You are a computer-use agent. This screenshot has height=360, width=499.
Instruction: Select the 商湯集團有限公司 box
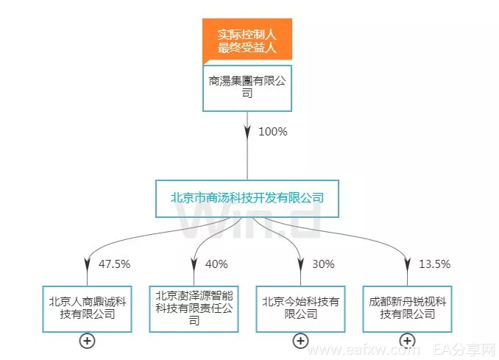click(247, 88)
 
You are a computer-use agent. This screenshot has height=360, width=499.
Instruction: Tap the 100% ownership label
click(273, 132)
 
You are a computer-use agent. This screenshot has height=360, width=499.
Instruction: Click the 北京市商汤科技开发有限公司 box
click(247, 199)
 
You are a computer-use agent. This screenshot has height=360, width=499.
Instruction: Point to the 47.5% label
click(114, 264)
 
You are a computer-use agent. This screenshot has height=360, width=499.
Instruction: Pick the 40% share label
click(216, 264)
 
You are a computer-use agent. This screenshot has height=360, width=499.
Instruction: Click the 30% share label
click(323, 264)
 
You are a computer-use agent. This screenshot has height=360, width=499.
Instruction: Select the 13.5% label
click(434, 264)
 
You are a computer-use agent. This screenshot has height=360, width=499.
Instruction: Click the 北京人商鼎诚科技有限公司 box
click(87, 309)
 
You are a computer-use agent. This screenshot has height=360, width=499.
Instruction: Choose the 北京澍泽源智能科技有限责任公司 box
click(194, 309)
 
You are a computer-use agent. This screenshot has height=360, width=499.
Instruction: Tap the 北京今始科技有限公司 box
click(301, 309)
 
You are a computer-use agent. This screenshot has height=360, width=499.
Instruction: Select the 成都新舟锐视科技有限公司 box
click(407, 309)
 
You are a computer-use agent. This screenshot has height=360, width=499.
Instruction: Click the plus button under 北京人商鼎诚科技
click(87, 341)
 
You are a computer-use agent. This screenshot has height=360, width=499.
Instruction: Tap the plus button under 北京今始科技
click(301, 341)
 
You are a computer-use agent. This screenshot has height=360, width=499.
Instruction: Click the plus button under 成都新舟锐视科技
click(407, 341)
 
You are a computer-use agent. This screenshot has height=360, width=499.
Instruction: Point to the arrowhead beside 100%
click(247, 132)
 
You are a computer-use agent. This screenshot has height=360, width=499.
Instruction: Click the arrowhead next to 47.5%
click(87, 264)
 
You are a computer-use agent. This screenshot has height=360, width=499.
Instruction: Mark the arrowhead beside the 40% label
click(194, 264)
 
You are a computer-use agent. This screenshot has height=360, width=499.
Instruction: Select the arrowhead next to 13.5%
click(407, 264)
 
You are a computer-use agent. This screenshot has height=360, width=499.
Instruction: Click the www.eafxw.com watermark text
click(364, 350)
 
